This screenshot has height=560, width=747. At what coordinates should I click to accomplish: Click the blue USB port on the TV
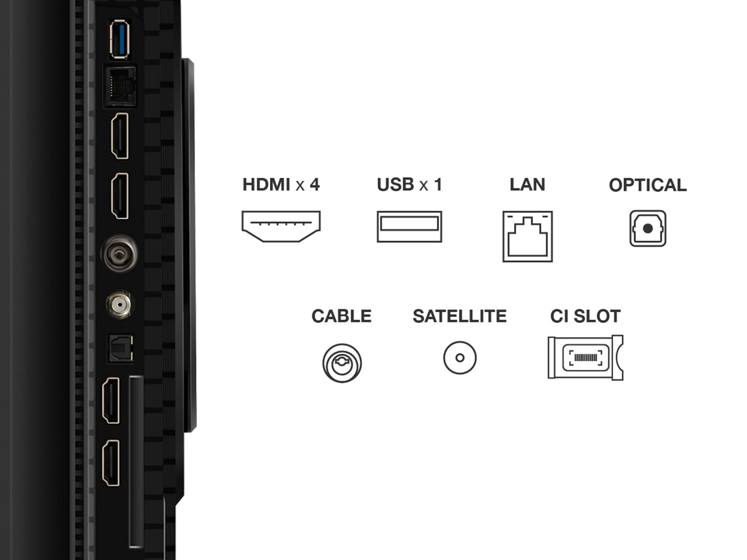120,39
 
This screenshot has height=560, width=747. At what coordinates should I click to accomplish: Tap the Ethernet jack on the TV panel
120,86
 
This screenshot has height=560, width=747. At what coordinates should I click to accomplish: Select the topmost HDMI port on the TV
120,136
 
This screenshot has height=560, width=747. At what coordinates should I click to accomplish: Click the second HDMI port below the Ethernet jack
120,196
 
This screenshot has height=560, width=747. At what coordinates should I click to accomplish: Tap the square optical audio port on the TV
120,348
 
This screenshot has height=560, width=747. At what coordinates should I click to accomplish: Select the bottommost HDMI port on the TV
111,463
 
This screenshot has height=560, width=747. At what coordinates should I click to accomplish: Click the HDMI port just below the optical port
111,400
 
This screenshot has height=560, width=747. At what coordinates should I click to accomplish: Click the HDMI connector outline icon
281,226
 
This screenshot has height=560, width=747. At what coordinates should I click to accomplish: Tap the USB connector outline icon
409,226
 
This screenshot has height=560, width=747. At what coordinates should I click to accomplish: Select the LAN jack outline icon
527,236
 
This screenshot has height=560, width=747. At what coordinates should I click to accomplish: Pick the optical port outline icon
648,229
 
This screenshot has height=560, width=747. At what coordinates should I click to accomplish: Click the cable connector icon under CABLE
342,363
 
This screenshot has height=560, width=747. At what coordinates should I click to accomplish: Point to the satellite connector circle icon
459,358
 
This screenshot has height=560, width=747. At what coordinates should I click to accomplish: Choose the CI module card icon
585,357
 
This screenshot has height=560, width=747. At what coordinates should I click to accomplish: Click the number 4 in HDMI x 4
314,185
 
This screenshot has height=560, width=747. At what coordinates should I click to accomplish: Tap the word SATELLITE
459,316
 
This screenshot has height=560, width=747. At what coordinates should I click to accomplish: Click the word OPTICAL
648,185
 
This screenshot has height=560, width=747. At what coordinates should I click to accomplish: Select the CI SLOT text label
585,316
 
